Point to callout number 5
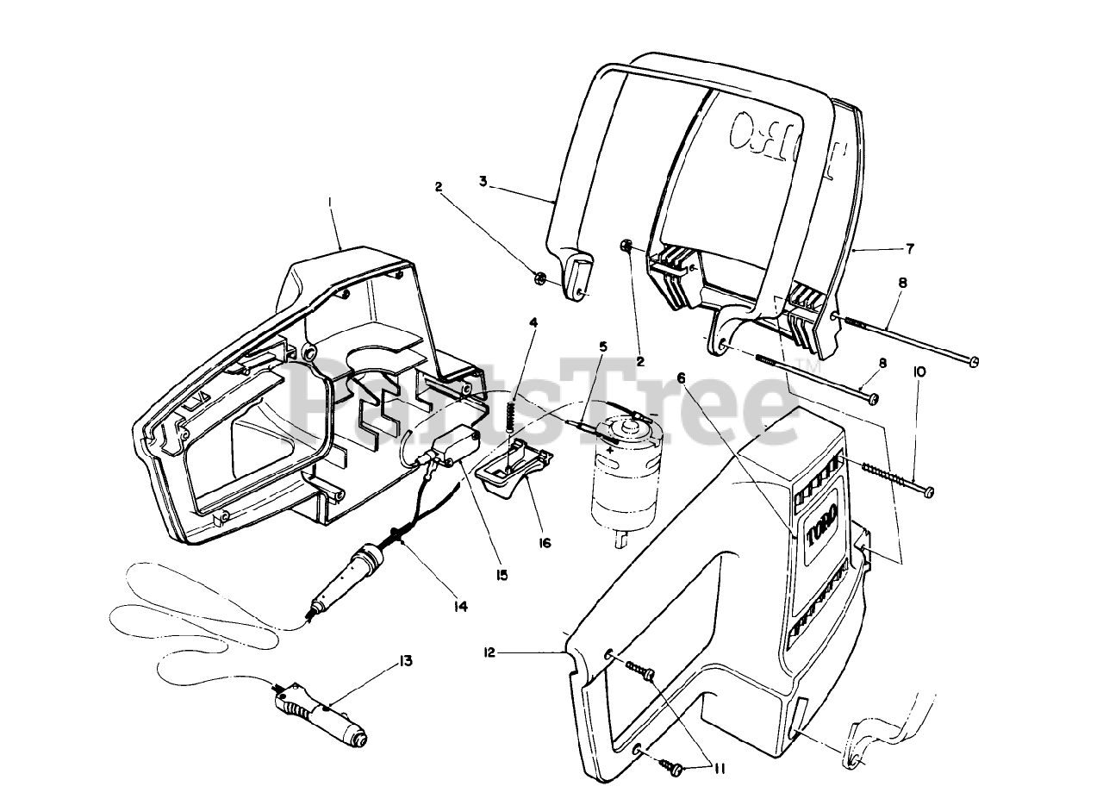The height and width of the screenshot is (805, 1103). pos(603,346)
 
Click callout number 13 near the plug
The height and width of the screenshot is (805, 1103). pos(405,662)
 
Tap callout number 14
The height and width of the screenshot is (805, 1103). pos(460,607)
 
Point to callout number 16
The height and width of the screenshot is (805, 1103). pos(545,544)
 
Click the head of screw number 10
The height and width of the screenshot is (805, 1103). pos(928,491)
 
